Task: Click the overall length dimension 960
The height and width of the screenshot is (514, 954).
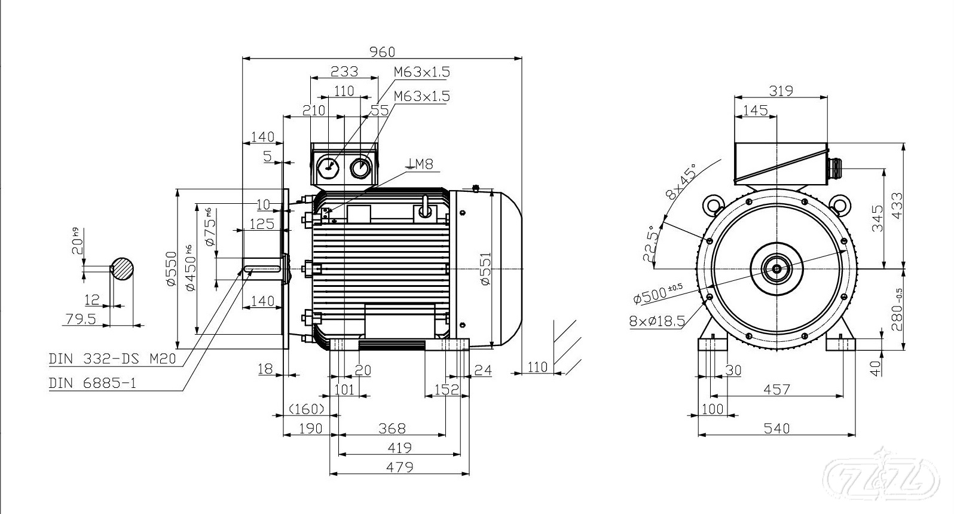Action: click(x=382, y=52)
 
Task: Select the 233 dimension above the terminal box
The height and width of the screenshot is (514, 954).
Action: click(x=344, y=72)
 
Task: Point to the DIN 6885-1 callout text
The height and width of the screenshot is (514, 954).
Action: click(x=93, y=383)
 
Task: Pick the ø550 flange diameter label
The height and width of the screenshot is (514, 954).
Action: click(x=172, y=268)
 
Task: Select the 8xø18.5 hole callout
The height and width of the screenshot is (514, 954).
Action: click(x=657, y=322)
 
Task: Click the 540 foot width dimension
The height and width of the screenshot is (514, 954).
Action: click(x=777, y=428)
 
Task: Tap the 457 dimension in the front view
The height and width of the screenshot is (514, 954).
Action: click(x=776, y=390)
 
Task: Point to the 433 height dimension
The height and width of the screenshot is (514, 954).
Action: click(x=896, y=206)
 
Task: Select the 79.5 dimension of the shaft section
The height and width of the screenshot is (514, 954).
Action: click(x=81, y=319)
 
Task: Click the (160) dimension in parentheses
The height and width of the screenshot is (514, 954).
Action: click(x=307, y=409)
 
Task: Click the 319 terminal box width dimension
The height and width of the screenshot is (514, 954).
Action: click(x=781, y=91)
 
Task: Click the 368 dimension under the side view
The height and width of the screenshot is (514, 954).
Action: click(x=392, y=428)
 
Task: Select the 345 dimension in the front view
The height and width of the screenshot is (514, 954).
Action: click(x=877, y=219)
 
